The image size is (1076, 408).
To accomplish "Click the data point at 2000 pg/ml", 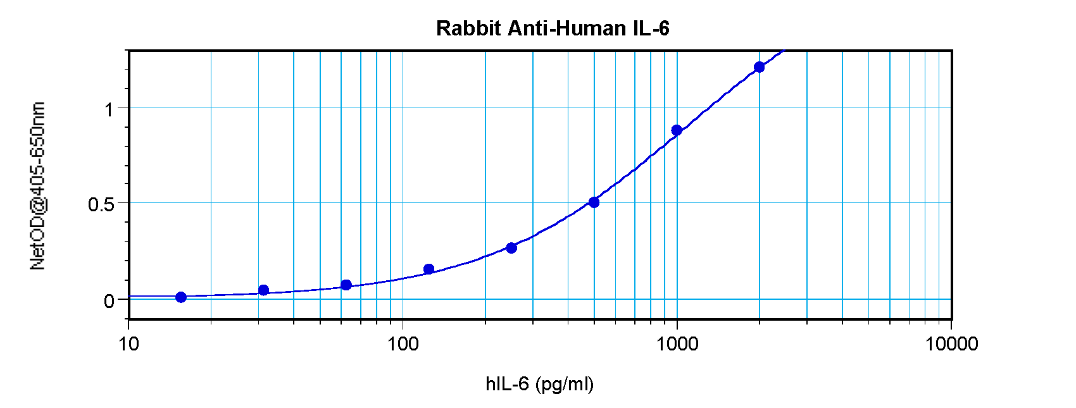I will click(759, 67).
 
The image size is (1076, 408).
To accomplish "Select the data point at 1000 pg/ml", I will click(677, 130).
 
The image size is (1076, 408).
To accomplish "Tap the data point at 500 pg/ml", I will click(594, 202).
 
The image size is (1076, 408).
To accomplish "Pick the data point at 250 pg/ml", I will click(511, 248).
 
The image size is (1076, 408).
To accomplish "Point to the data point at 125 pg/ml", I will click(429, 269).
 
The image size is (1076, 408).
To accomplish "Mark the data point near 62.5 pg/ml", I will click(346, 285).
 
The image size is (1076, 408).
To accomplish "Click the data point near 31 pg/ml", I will click(264, 290).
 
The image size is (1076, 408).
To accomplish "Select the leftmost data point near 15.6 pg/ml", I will click(181, 297).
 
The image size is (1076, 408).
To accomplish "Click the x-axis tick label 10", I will click(128, 344).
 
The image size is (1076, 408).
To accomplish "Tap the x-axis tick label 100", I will click(403, 344).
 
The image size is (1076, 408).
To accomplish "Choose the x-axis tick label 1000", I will click(677, 344).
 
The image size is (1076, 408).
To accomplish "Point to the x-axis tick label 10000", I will click(951, 344).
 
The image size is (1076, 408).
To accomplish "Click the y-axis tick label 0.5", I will click(101, 205).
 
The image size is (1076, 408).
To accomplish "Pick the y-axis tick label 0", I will click(109, 301).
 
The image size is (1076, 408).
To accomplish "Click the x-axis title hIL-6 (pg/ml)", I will click(539, 384).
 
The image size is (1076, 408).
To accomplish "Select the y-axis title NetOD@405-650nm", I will click(37, 185).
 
